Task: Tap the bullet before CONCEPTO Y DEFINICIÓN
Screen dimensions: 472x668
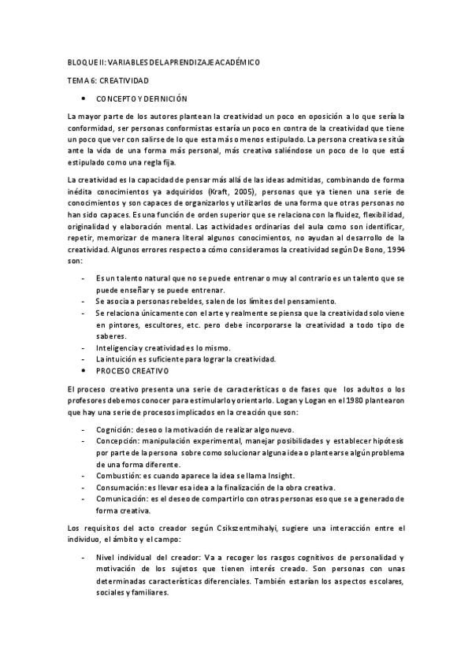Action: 84,99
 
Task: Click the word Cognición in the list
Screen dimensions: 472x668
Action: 114,430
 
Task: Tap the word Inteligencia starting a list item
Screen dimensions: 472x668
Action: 118,347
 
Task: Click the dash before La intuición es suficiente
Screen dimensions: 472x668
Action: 84,358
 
